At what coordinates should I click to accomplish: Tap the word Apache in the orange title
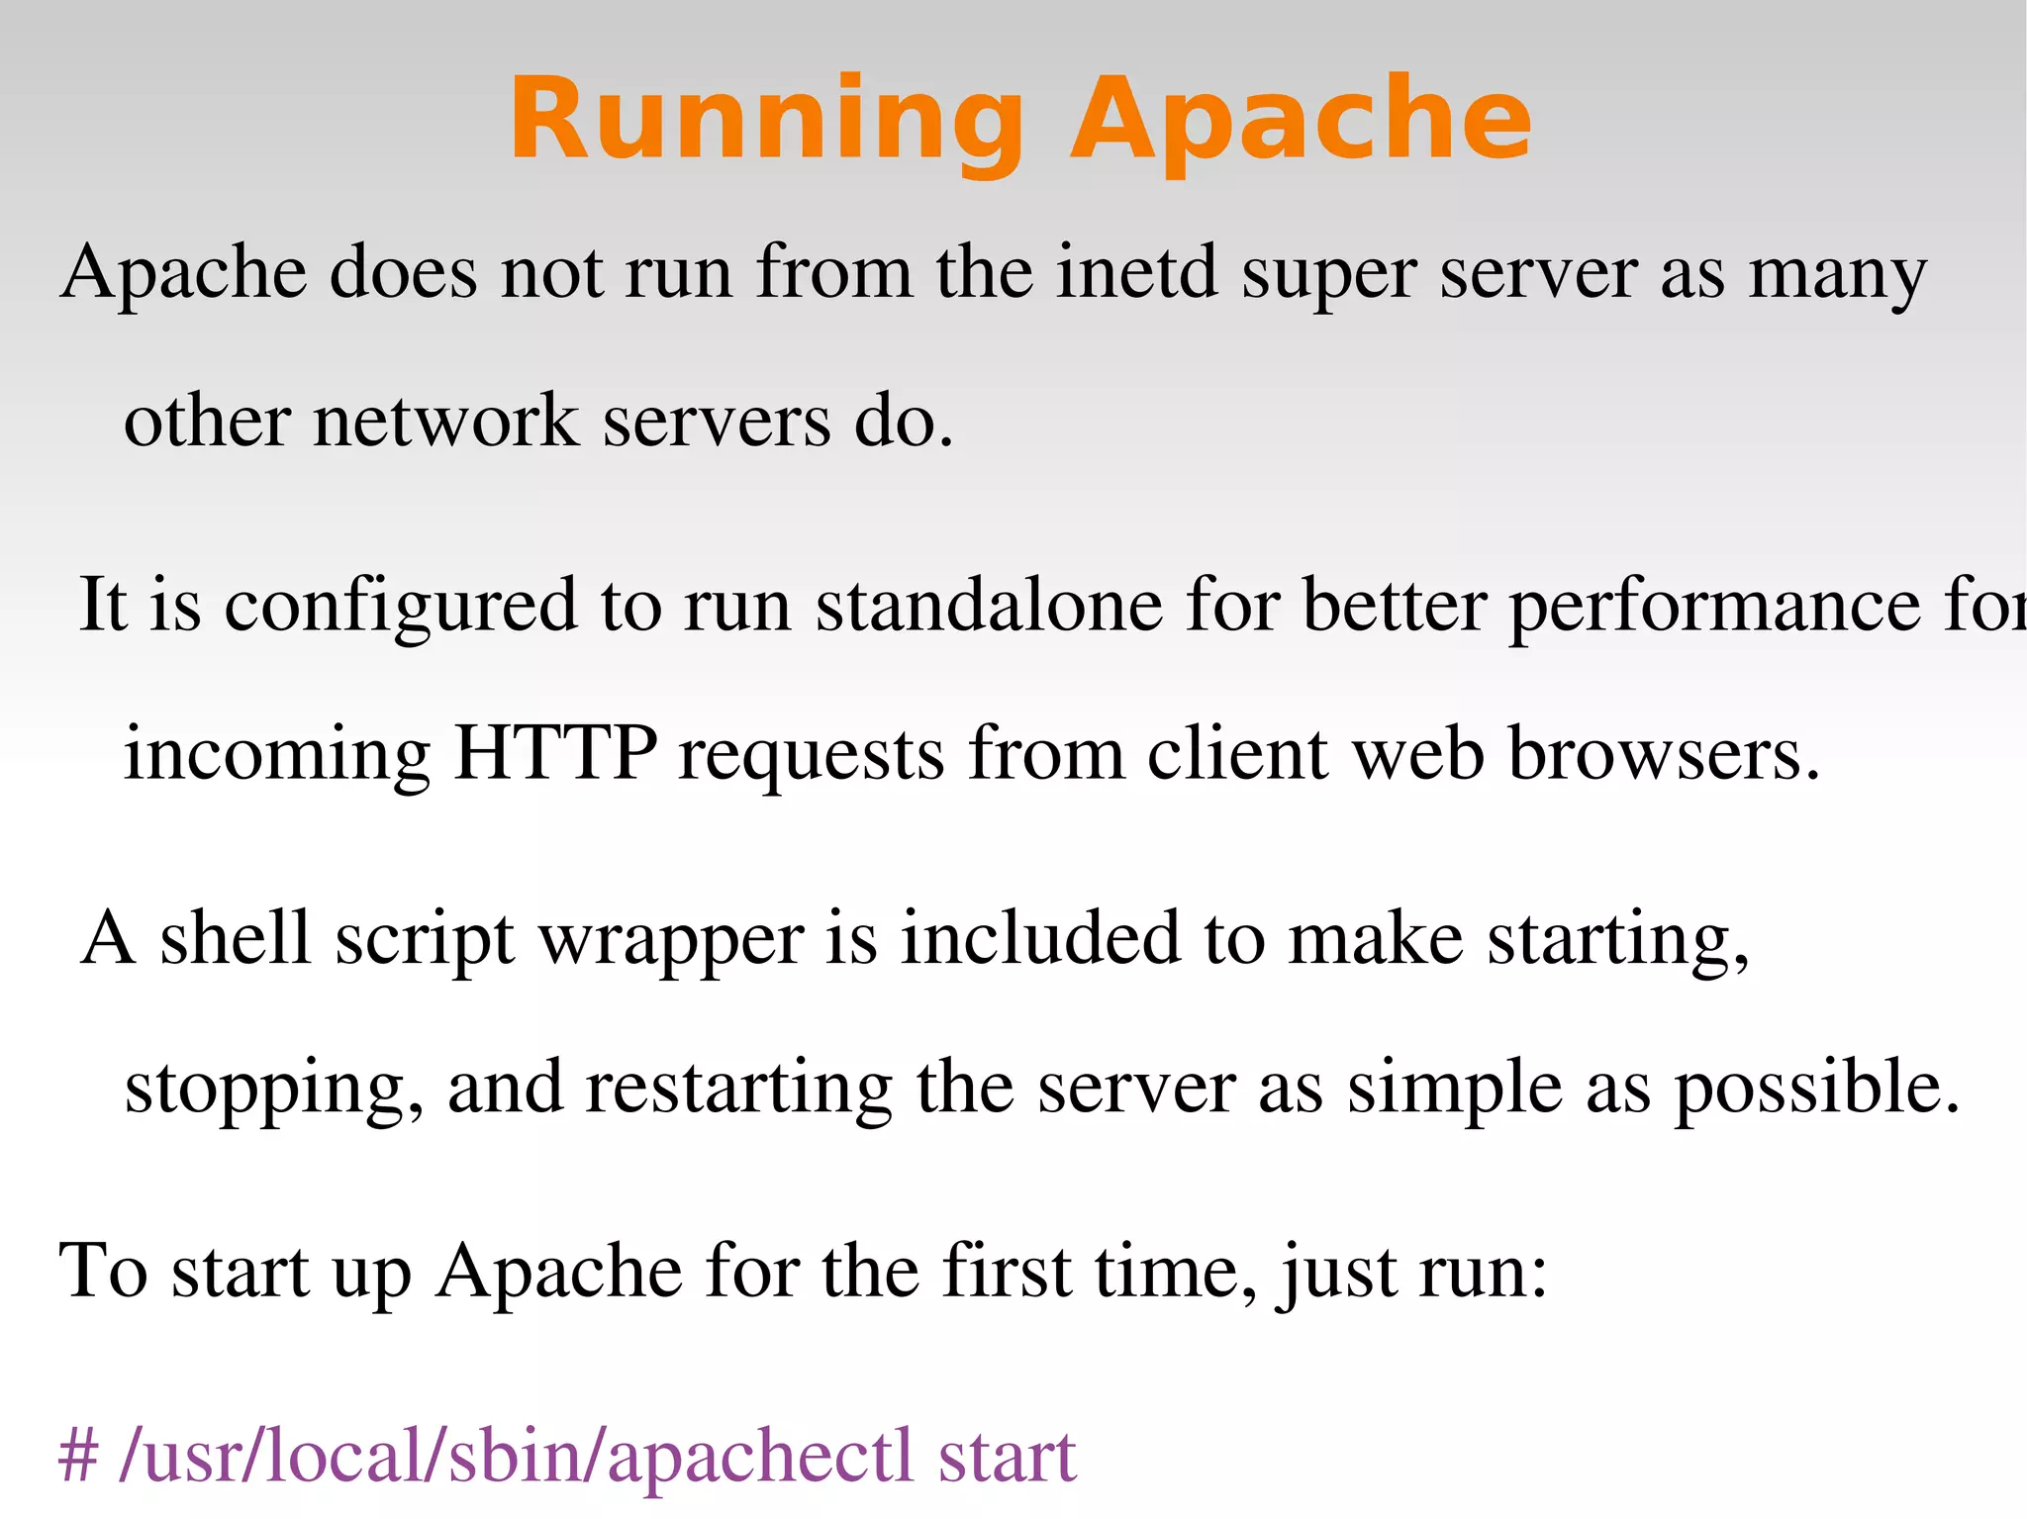[1301, 121]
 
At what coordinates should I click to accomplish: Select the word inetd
[1136, 271]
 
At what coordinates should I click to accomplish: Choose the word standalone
[989, 605]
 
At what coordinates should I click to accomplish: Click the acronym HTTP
[554, 753]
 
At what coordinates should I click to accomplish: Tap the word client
[1236, 753]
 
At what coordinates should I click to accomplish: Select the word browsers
[1663, 753]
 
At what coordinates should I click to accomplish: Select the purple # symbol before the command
[78, 1456]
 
